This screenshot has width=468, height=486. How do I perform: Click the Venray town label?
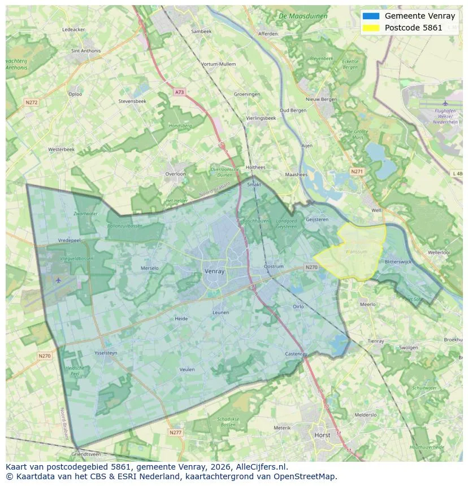pyautogui.click(x=214, y=272)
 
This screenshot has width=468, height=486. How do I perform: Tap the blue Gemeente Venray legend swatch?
pyautogui.click(x=371, y=16)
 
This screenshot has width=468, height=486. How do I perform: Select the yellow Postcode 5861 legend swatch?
pyautogui.click(x=371, y=28)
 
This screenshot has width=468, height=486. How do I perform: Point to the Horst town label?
pyautogui.click(x=322, y=435)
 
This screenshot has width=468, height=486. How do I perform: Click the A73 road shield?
pyautogui.click(x=179, y=92)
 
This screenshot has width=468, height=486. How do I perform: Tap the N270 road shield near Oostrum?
pyautogui.click(x=311, y=267)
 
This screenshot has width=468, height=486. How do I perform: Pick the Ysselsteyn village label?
pyautogui.click(x=106, y=353)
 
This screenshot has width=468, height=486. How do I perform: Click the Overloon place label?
pyautogui.click(x=175, y=174)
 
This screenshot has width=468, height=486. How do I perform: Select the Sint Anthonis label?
pyautogui.click(x=86, y=51)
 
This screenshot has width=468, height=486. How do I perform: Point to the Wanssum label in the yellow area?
pyautogui.click(x=356, y=252)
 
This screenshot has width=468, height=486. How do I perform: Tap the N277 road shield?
pyautogui.click(x=176, y=432)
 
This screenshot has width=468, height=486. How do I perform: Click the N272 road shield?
pyautogui.click(x=31, y=102)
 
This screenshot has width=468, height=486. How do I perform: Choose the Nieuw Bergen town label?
pyautogui.click(x=321, y=99)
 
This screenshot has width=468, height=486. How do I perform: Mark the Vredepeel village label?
pyautogui.click(x=70, y=240)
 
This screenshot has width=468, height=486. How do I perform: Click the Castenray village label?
pyautogui.click(x=296, y=354)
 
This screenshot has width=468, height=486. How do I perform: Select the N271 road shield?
pyautogui.click(x=357, y=171)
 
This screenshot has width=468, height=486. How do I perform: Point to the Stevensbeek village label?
pyautogui.click(x=132, y=101)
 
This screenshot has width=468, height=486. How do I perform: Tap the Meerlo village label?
pyautogui.click(x=367, y=304)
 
